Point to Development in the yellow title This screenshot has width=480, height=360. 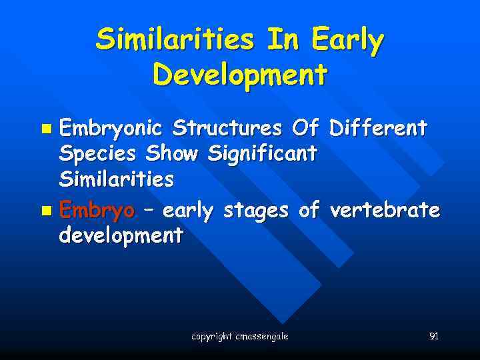(x=240, y=75)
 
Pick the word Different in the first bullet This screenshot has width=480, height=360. (x=378, y=127)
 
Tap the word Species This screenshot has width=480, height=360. (x=99, y=155)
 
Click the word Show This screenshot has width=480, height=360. (x=173, y=153)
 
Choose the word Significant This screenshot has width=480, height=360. (x=262, y=155)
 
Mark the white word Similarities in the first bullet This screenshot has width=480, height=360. (x=117, y=179)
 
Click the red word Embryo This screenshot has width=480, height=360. (x=97, y=212)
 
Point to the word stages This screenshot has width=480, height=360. (x=257, y=212)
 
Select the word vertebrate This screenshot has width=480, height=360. (x=385, y=211)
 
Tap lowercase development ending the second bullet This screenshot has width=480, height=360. (x=121, y=235)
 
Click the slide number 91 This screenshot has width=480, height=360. (x=433, y=336)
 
